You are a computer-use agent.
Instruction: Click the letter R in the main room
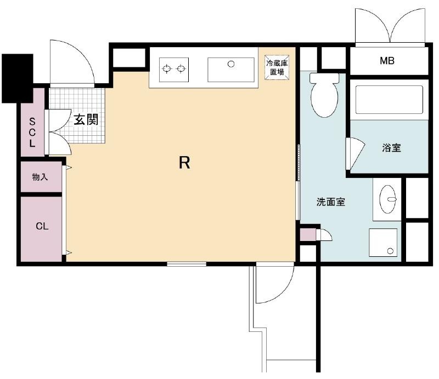coord(184,163)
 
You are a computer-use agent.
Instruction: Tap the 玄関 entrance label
coord(86,119)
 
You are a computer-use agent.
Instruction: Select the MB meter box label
coord(387,61)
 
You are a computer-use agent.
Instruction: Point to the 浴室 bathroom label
coord(391,147)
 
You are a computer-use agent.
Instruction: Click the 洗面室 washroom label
coord(331,202)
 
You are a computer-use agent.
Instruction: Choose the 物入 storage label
coord(40,177)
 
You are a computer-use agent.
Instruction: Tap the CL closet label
coord(42,226)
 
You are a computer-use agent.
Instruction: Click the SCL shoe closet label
coord(32,133)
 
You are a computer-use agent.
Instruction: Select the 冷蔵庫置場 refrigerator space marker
coord(277,67)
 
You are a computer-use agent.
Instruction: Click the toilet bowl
coord(324,95)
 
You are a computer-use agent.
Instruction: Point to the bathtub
coord(389,100)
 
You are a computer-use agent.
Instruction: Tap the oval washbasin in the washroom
coord(388,199)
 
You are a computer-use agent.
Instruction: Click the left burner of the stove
coord(167,68)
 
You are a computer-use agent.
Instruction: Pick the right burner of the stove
coord(181,68)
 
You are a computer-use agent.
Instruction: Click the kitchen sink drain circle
coord(231,64)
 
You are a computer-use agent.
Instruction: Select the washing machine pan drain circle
coord(390,251)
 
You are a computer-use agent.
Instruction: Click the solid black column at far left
coord(18,78)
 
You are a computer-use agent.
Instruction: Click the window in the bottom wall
coord(187,264)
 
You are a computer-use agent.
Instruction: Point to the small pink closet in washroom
coord(308,234)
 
